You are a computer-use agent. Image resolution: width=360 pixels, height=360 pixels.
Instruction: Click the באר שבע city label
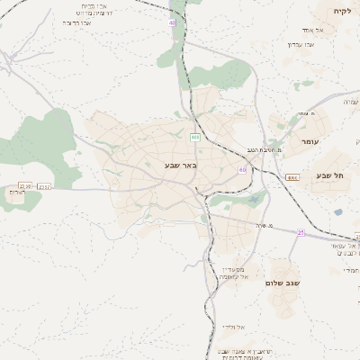[181, 166]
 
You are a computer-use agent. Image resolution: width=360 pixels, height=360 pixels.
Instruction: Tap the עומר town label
[310, 141]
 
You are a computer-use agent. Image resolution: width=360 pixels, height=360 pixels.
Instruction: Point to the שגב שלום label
[281, 283]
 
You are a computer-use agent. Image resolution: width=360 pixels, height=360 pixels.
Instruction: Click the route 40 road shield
[172, 22]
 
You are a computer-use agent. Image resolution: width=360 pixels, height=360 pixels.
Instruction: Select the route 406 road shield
[194, 137]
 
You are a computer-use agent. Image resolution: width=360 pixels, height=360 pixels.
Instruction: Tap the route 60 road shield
[242, 169]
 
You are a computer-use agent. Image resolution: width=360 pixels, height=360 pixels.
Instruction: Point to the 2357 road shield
[45, 186]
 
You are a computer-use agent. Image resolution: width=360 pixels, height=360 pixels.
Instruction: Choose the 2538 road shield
[25, 186]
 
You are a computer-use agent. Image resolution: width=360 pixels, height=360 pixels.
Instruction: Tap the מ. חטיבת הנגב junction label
[264, 150]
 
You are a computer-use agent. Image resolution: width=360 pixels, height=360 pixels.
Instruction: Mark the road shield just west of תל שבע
[292, 177]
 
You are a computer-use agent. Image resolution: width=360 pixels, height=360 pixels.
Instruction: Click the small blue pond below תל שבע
[337, 212]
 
